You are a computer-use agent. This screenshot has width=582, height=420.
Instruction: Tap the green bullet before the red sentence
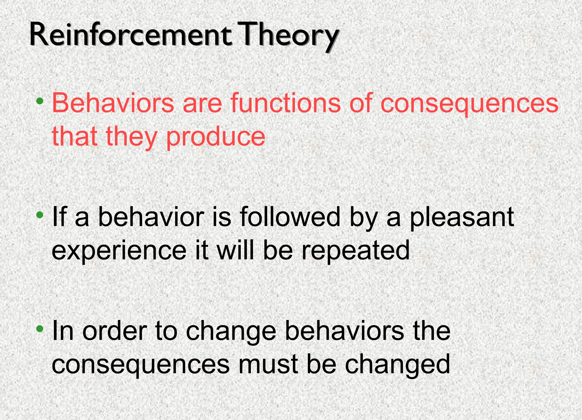click(40, 101)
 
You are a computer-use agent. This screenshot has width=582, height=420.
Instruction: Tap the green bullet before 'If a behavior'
click(40, 215)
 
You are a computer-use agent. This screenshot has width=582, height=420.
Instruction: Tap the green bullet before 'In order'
click(40, 329)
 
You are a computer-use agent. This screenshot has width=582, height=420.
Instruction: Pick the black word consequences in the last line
click(140, 365)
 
